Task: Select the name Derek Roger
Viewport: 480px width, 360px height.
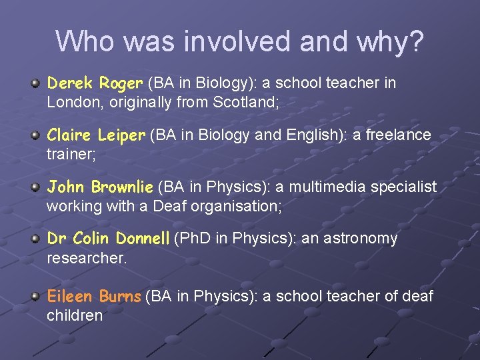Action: (95, 83)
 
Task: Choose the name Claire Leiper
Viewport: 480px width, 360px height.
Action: (95, 135)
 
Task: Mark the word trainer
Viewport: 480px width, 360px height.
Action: (69, 154)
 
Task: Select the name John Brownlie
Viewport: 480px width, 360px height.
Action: (100, 187)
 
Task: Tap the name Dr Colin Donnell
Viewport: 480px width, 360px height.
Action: (108, 239)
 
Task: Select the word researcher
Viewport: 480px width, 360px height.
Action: (86, 258)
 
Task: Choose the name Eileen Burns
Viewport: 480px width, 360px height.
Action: (94, 296)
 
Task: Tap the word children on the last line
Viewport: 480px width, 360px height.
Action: (75, 315)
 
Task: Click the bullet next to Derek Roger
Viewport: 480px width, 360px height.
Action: (35, 83)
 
